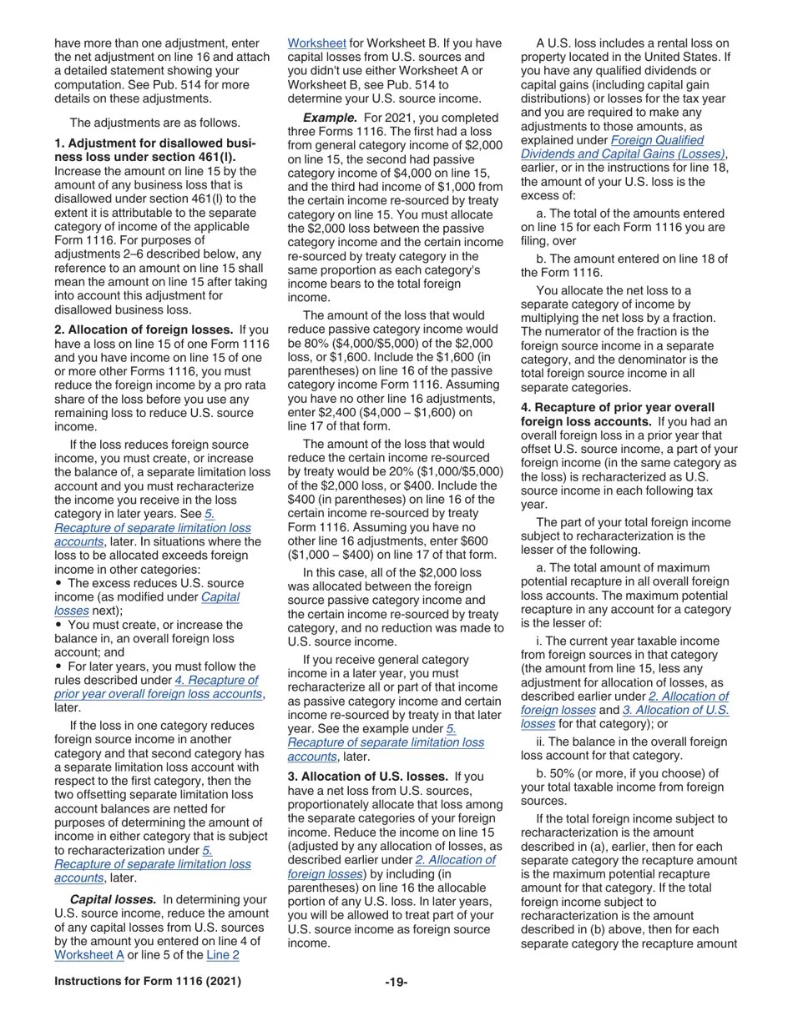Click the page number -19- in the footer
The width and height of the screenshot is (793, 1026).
click(x=396, y=982)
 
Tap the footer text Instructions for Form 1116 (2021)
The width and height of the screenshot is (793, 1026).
click(x=148, y=981)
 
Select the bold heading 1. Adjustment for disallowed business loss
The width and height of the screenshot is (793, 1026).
click(x=154, y=150)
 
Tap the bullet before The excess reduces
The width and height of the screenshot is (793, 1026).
click(x=58, y=583)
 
